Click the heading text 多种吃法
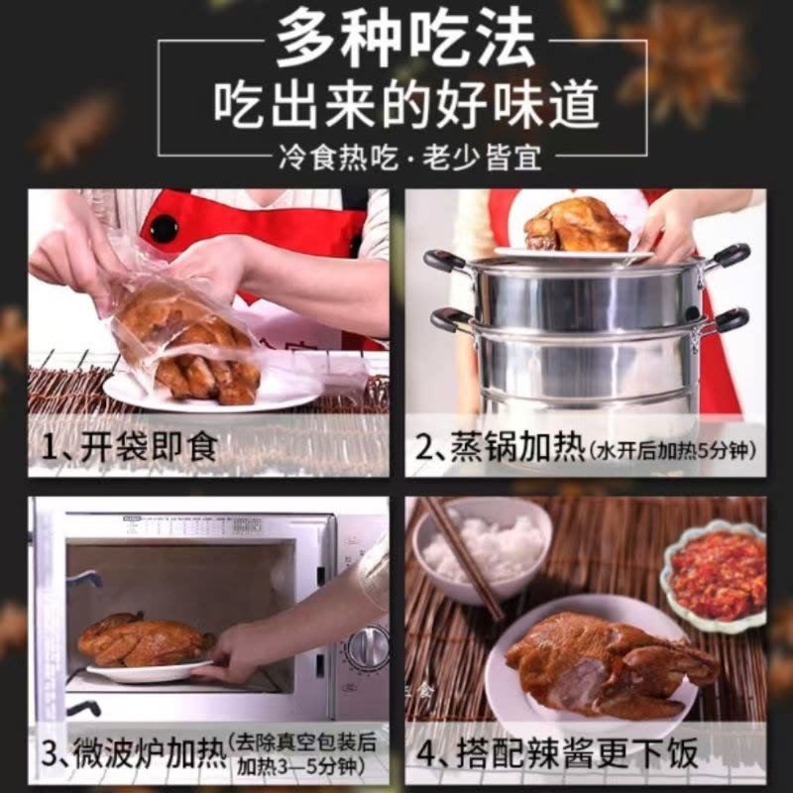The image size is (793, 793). pos(405,39)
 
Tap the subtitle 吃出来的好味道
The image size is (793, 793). pos(405,105)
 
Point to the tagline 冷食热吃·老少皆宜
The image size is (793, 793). pos(410,158)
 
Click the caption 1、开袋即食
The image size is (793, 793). pos(130,447)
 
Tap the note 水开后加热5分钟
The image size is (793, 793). pos(672,449)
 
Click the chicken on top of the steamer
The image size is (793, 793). pos(577,225)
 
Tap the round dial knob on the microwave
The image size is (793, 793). pos(368,647)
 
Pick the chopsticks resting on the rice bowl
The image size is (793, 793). pos(463,556)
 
